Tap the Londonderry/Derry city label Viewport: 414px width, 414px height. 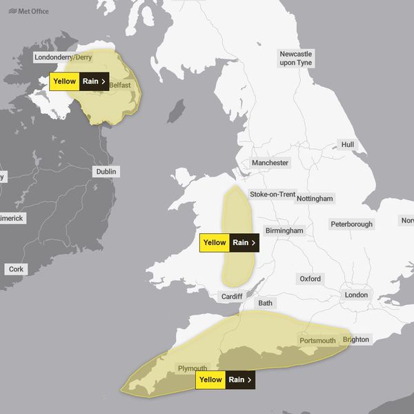63,57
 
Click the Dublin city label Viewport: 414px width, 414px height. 106,172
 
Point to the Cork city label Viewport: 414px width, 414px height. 15,269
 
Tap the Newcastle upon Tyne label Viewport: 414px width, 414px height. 295,58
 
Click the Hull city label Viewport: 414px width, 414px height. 347,145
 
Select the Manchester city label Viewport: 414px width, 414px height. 270,163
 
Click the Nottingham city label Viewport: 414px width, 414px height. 315,199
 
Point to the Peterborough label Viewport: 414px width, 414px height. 351,224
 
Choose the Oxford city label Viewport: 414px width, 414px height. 310,279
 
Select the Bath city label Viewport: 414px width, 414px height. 265,303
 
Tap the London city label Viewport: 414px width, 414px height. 356,295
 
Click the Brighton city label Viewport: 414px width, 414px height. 356,339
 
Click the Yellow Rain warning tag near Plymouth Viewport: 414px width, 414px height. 226,379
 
